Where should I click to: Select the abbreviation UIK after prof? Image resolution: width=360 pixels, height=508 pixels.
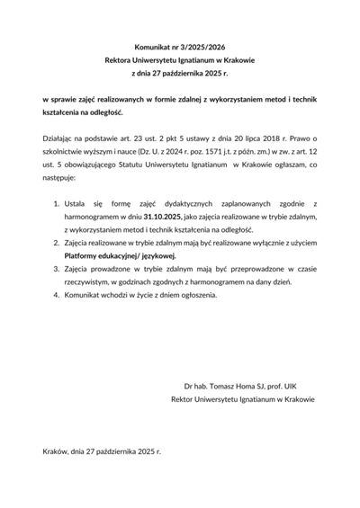pos(288,384)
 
